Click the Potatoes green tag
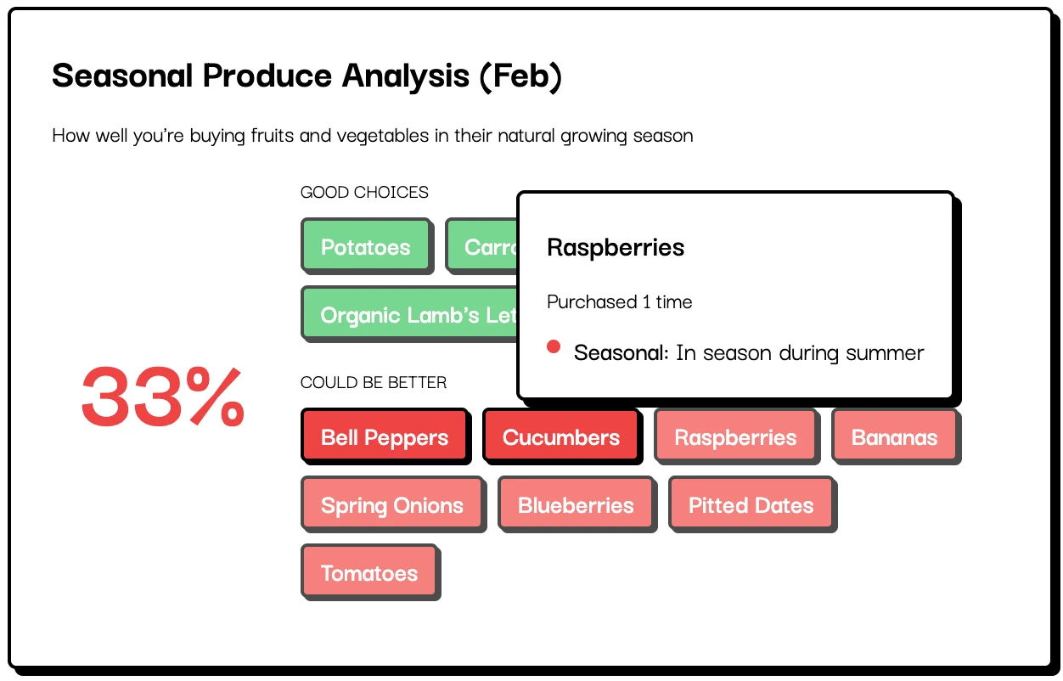coord(366,247)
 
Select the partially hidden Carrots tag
coord(482,247)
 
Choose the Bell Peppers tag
coord(385,437)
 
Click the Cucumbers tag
coord(561,437)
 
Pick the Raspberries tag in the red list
coord(735,437)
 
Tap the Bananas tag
coord(894,437)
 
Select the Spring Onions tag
coord(392,505)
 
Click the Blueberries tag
coord(576,505)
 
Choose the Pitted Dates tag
coord(751,505)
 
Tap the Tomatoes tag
coord(369,573)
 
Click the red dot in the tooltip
coord(554,346)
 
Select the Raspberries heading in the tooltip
coord(616,248)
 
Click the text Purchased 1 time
coord(620,302)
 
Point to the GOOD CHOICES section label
coord(364,193)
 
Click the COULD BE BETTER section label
coord(374,383)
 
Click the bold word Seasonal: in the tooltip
coord(621,352)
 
